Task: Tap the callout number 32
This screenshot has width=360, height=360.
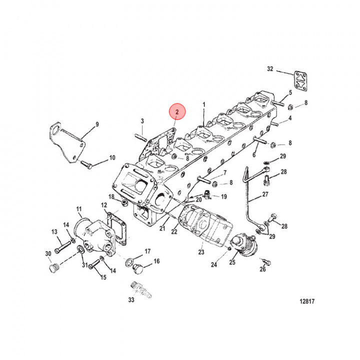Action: click(270, 68)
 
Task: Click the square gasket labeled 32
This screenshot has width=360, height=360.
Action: click(301, 82)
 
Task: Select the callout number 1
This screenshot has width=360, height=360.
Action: click(204, 105)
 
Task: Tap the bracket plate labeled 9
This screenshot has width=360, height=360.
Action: click(61, 142)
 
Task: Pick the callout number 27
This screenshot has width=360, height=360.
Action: click(265, 195)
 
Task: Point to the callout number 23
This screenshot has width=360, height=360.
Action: click(201, 252)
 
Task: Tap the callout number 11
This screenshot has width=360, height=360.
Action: click(79, 208)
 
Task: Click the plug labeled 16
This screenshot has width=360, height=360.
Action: click(136, 269)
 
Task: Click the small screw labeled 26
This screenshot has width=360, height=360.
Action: click(266, 261)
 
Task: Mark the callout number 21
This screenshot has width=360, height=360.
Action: click(162, 228)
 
